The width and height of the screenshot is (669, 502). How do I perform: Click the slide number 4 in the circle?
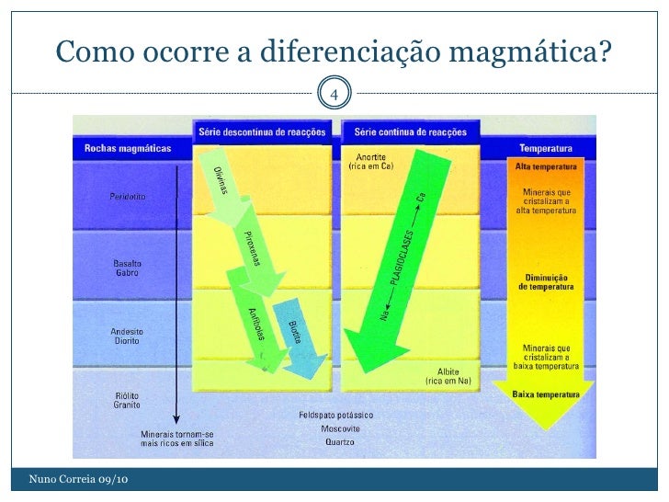pos(334,94)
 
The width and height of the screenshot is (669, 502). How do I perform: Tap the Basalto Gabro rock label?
pos(128,267)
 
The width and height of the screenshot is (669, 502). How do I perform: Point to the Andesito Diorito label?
pos(126,336)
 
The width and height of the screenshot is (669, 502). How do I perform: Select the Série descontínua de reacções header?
pos(262,132)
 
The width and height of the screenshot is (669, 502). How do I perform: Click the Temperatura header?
pos(546,147)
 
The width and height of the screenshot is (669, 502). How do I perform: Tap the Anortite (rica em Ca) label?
pos(370,162)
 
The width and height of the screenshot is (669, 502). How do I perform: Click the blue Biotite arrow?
pos(300,336)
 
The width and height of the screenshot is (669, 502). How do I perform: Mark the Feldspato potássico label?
pos(334,415)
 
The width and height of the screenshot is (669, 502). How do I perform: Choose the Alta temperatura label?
pos(546,168)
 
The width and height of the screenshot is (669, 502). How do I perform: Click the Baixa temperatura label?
pos(546,394)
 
